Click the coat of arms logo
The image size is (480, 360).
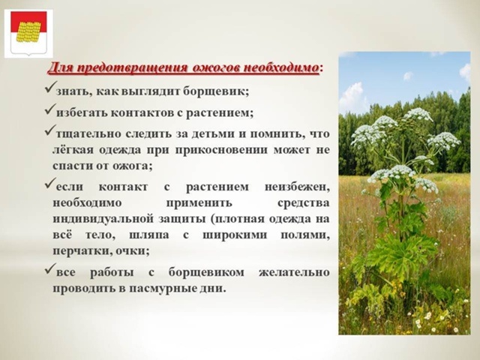coord(28,33)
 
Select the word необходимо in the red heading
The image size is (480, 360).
coord(280,67)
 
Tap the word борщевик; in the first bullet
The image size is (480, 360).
coord(216,91)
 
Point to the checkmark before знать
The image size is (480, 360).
coord(50,88)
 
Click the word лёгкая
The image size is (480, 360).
coord(72,150)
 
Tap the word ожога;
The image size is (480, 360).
coord(132,166)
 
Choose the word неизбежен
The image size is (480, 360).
coord(297,187)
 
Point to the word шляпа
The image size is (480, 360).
coord(148,235)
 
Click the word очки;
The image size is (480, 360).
coord(133,251)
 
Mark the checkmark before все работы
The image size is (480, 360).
coord(50,268)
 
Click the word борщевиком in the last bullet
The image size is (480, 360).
coord(206,273)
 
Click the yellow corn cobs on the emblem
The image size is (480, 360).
coord(28,31)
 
